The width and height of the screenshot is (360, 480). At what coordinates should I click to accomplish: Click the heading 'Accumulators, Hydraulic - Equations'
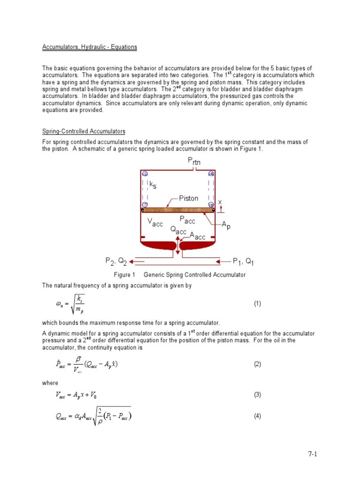click(90, 47)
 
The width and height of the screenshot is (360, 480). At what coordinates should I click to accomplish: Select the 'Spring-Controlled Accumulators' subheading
click(84, 131)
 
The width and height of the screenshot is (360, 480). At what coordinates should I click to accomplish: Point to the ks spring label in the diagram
click(152, 185)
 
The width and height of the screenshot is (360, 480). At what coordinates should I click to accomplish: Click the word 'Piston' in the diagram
click(188, 198)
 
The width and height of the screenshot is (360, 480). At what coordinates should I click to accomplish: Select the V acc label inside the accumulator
click(155, 223)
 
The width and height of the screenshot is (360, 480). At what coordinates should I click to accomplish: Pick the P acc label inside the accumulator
click(187, 220)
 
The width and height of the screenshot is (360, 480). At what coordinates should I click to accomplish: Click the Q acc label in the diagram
click(178, 230)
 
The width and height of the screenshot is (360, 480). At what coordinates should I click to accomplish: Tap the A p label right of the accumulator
click(226, 226)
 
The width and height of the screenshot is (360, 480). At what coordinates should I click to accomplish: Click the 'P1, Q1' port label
click(243, 261)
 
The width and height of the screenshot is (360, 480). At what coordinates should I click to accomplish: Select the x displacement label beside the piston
click(220, 202)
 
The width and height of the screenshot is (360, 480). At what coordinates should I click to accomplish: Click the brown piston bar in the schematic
click(178, 210)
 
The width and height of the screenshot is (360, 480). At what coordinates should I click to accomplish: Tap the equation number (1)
click(257, 304)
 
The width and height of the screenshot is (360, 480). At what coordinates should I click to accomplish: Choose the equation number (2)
click(257, 364)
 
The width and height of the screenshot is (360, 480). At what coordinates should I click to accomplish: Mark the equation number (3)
click(257, 395)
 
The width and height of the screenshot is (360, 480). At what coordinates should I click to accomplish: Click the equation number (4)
click(257, 416)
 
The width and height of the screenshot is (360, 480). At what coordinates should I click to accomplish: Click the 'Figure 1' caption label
click(124, 275)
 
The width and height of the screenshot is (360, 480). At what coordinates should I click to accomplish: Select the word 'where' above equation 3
click(50, 383)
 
